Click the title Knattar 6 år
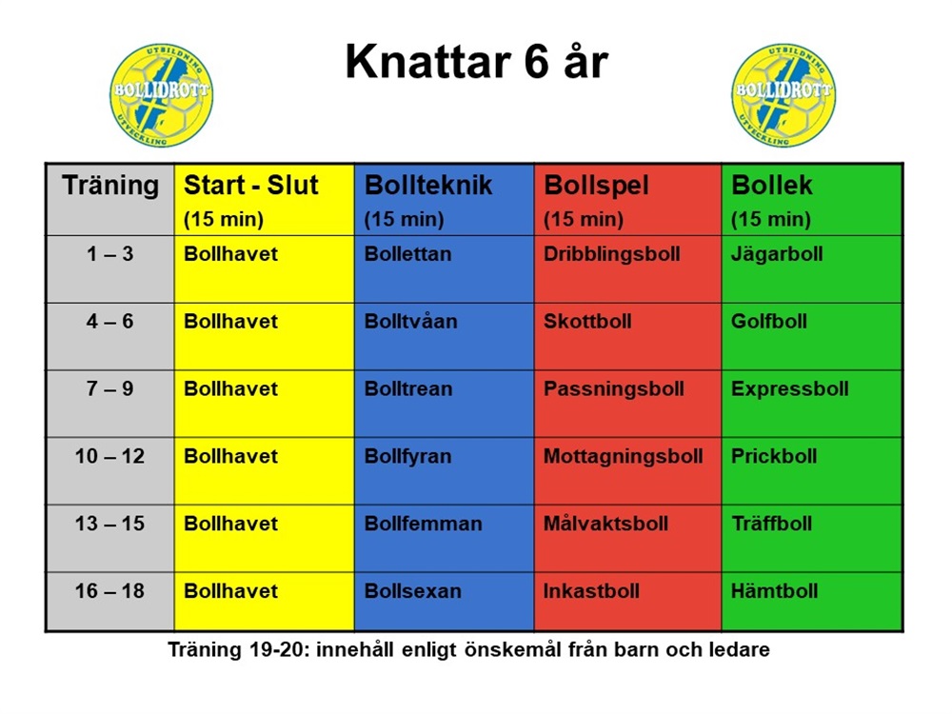tap(477, 62)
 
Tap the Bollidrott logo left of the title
tap(162, 95)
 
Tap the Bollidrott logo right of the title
tap(783, 95)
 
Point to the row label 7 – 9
tap(109, 388)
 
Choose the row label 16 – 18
tap(109, 590)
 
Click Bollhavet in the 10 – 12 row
tap(230, 456)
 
